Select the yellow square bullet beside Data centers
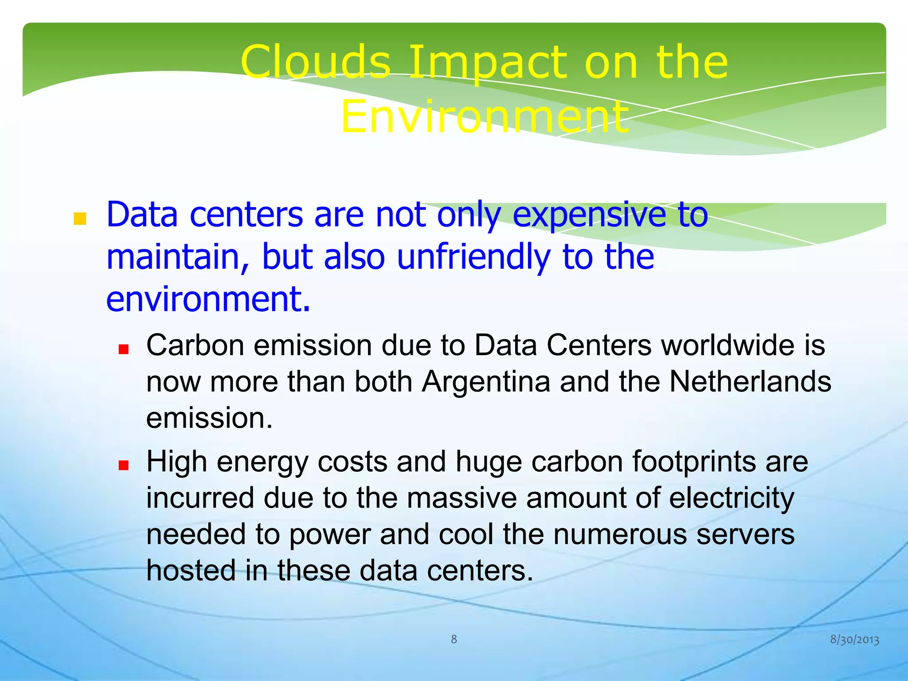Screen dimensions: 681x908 pyautogui.click(x=80, y=219)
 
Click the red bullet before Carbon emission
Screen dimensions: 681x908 pyautogui.click(x=123, y=349)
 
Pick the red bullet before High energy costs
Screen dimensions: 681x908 pyautogui.click(x=123, y=465)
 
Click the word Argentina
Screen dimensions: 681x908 pyautogui.click(x=485, y=382)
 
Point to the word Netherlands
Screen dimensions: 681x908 pyautogui.click(x=750, y=382)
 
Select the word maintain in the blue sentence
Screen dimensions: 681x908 pyautogui.click(x=177, y=257)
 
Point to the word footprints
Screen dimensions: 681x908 pyautogui.click(x=693, y=462)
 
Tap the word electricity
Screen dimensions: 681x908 pyautogui.click(x=732, y=498)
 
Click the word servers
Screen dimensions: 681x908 pyautogui.click(x=745, y=534)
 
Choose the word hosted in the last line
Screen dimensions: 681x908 pyautogui.click(x=191, y=570)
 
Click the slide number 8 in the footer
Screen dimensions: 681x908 pyautogui.click(x=454, y=639)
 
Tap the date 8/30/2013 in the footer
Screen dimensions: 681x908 pyautogui.click(x=854, y=640)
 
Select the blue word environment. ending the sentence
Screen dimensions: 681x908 pyautogui.click(x=207, y=299)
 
